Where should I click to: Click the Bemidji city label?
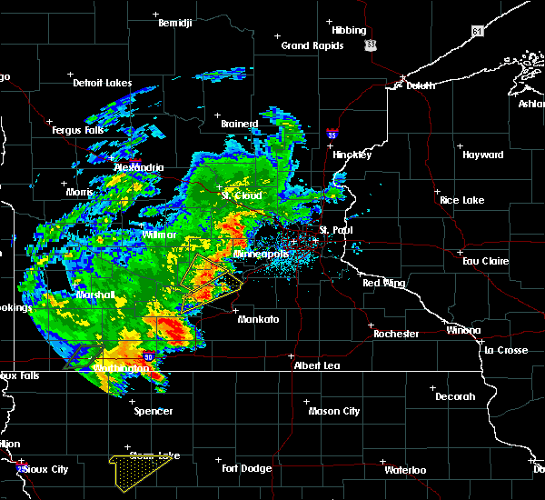[175, 23]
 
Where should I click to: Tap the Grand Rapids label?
[312, 45]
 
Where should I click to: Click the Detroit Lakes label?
[102, 83]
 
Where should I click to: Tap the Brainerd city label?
[240, 124]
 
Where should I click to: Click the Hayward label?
[482, 155]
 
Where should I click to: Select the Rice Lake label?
[461, 200]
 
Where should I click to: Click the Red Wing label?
[383, 284]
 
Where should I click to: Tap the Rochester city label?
[396, 334]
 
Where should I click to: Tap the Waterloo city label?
[404, 470]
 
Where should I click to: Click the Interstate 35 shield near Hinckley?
[333, 135]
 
